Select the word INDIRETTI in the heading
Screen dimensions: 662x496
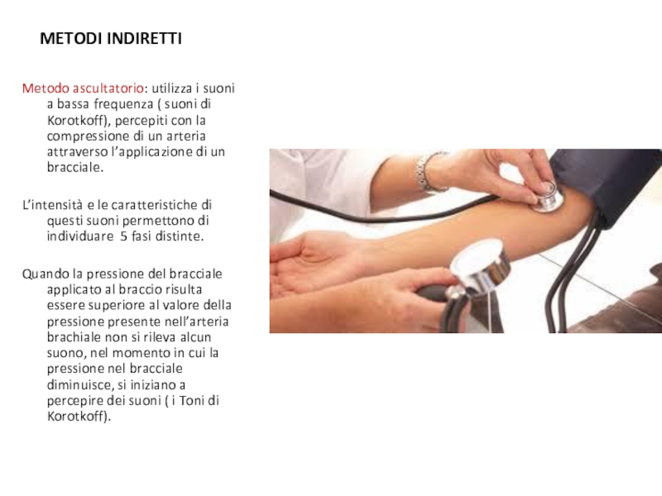(x=144, y=38)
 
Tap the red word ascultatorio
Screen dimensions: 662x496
(x=108, y=88)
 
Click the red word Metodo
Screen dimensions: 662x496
(x=46, y=88)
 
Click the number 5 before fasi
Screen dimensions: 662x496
(x=123, y=236)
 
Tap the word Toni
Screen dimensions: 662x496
(x=193, y=400)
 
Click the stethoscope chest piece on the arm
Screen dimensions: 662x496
(x=548, y=198)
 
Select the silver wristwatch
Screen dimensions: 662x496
(x=425, y=172)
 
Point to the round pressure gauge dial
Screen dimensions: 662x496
(x=478, y=261)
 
